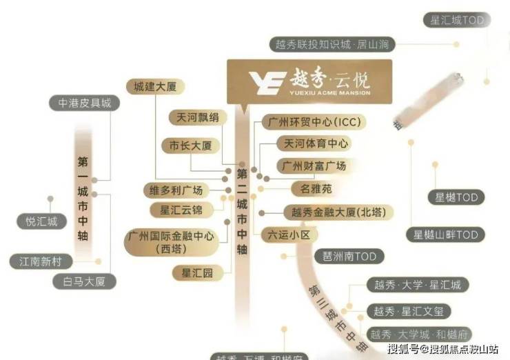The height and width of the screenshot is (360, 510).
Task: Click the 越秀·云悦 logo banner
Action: tap(309, 81)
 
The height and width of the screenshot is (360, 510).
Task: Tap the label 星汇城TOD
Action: tap(458, 21)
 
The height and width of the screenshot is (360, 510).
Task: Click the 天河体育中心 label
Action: tap(313, 144)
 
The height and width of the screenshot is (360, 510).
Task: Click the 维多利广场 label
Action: tap(177, 190)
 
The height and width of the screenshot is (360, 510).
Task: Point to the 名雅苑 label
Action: tap(312, 188)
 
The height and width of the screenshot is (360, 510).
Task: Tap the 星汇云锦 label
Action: tap(181, 210)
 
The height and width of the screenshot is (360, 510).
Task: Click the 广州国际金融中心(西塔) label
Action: tap(172, 242)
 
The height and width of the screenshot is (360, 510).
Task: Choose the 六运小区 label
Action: tap(289, 235)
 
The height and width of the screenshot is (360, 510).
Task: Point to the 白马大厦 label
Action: tap(85, 281)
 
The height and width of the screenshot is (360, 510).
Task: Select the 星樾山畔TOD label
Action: tap(445, 235)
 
